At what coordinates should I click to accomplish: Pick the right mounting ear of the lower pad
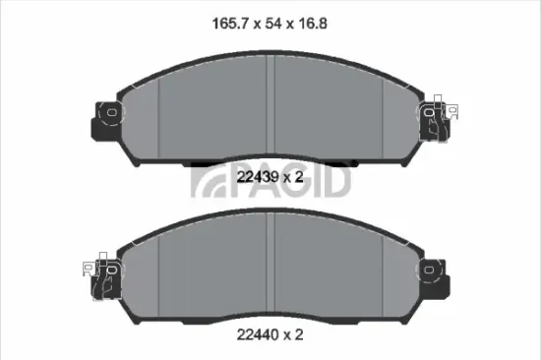coord(434,271)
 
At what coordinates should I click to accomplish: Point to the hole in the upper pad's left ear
coord(109,112)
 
